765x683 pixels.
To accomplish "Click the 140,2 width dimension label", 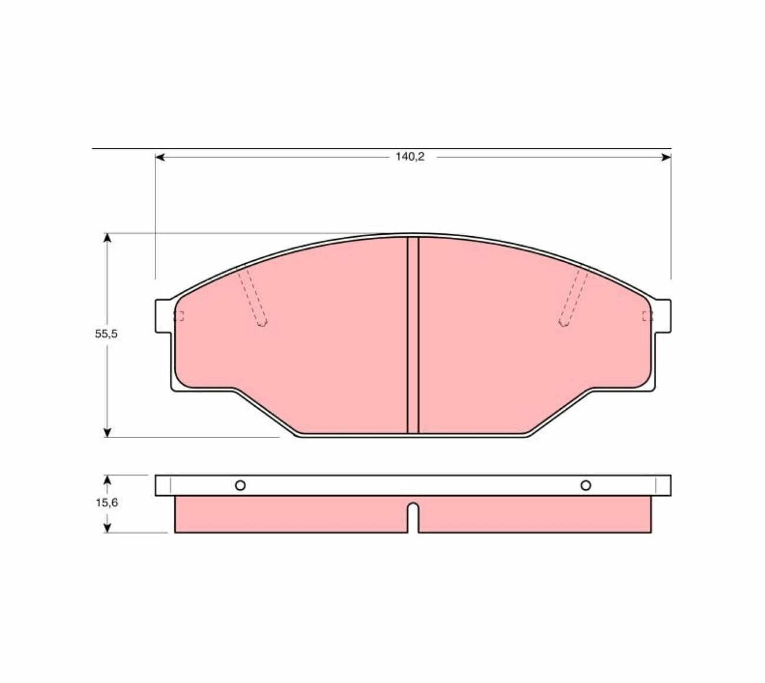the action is (410, 157).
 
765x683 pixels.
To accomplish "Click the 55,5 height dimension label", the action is (106, 334).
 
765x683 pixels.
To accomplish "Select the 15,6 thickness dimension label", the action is (107, 503).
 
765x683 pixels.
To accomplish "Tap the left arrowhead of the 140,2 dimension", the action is (160, 157).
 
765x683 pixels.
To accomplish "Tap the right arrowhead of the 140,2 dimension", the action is (667, 157).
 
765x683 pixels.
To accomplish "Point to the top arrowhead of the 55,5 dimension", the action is (108, 238).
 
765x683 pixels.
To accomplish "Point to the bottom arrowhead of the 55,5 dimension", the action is (108, 433).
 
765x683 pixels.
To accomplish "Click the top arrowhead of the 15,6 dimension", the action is (108, 480).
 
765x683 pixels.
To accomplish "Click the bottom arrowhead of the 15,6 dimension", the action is (108, 528).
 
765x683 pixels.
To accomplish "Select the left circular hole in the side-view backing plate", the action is (240, 485).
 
